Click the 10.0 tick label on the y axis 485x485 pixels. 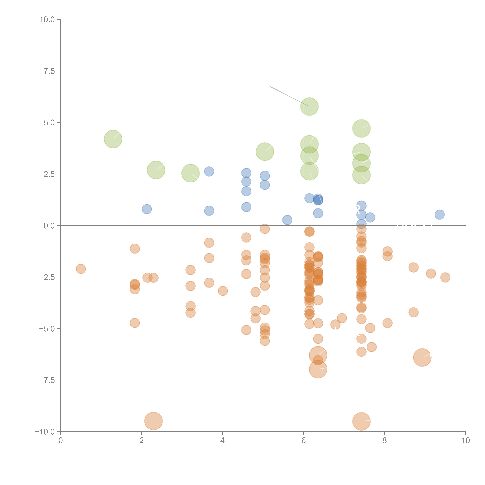[x=47, y=20]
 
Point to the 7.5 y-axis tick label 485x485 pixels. [x=49, y=71]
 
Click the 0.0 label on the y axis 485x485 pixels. [x=49, y=226]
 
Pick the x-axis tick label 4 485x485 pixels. [x=222, y=441]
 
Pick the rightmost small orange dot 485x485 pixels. [x=445, y=277]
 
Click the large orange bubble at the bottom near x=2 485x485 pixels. [x=153, y=421]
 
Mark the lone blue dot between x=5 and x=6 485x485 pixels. [x=287, y=220]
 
